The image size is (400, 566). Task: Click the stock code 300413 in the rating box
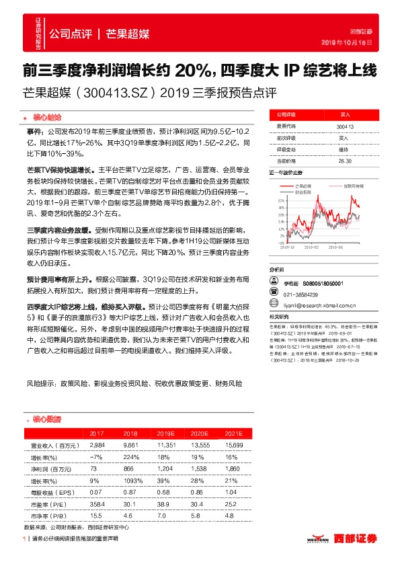pos(345,126)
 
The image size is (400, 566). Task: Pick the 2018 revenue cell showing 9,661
pos(130,445)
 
